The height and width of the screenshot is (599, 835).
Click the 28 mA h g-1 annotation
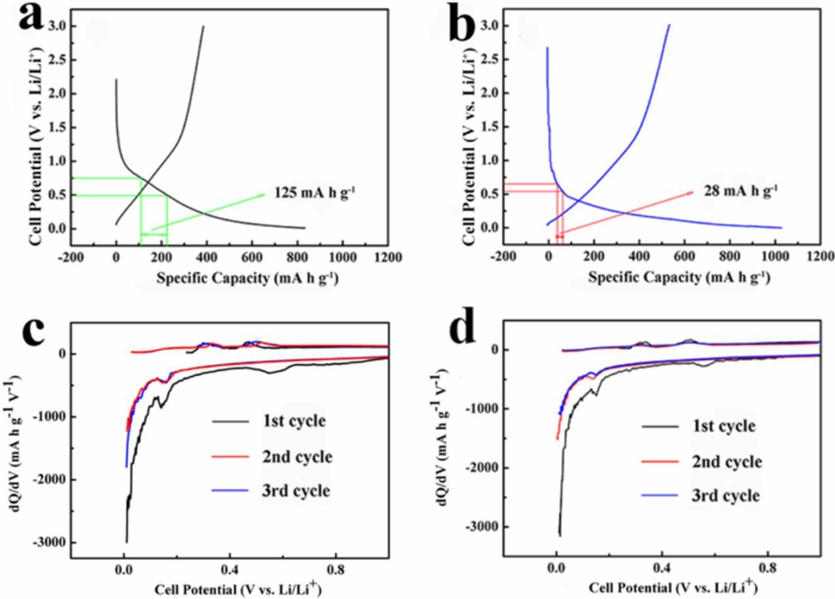click(x=741, y=191)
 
